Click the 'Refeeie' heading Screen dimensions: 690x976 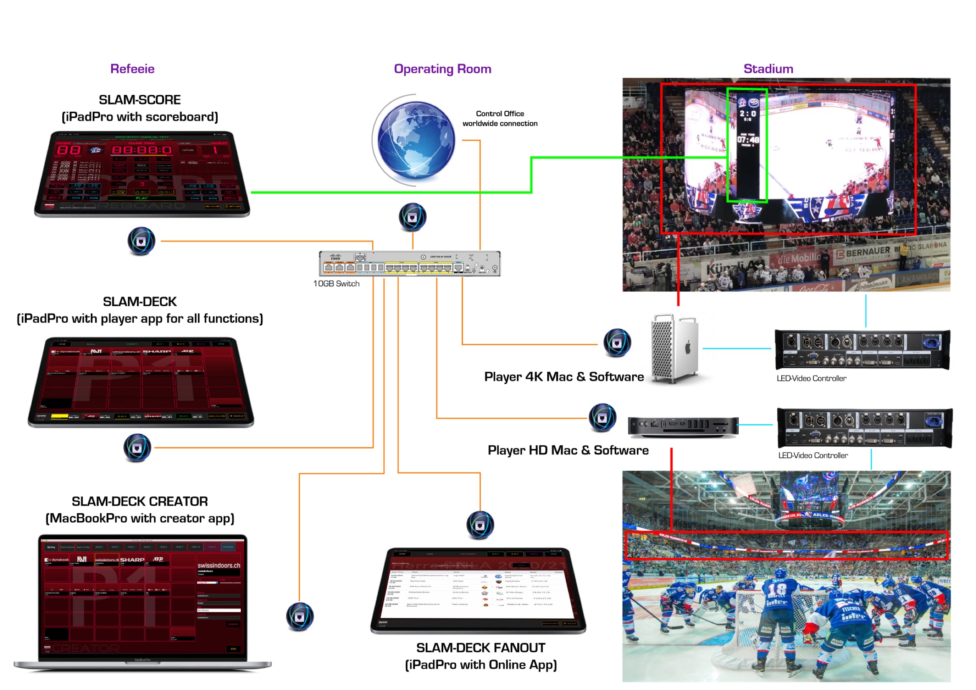(x=132, y=69)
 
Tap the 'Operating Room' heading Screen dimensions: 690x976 (x=442, y=69)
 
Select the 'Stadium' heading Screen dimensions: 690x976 (x=768, y=69)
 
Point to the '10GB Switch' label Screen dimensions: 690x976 (x=336, y=284)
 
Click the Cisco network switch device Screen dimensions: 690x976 (x=409, y=263)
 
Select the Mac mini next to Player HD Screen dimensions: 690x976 (x=683, y=427)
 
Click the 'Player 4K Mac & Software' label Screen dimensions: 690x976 (x=564, y=377)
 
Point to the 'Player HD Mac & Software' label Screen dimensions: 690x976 (x=568, y=450)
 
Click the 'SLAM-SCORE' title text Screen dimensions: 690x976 (x=140, y=100)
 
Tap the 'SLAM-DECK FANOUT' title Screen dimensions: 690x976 (x=480, y=648)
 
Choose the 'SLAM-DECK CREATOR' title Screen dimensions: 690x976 (x=140, y=501)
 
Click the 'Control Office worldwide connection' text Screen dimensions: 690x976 (x=499, y=119)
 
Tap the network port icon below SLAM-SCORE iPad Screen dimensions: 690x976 (x=141, y=241)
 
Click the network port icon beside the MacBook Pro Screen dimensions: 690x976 (x=300, y=616)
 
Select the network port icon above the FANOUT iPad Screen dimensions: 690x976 (x=480, y=525)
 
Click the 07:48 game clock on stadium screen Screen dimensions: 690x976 (x=748, y=140)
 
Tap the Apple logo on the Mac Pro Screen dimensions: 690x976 (x=687, y=349)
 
